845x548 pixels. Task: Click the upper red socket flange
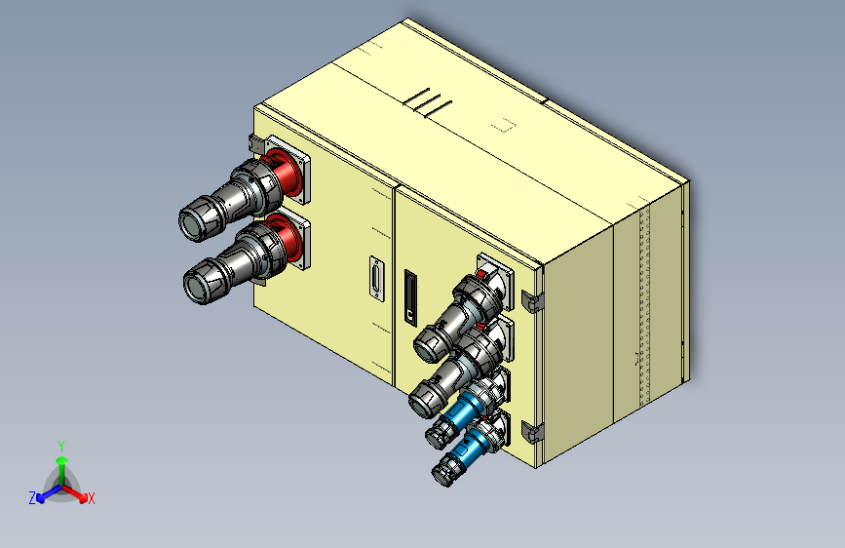click(285, 172)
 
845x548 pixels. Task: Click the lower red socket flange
click(286, 237)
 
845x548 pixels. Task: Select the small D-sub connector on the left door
click(377, 278)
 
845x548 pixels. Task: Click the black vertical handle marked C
click(410, 297)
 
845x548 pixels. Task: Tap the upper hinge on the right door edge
click(532, 301)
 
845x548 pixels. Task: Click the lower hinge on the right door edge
click(532, 433)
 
